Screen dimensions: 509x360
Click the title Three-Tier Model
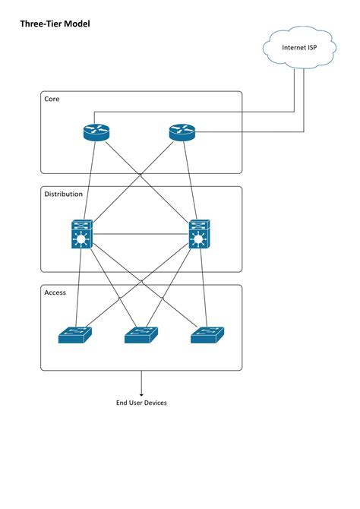[55, 24]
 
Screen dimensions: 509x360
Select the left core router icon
[96, 132]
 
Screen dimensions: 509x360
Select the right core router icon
[182, 132]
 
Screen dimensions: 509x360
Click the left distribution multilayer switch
[81, 235]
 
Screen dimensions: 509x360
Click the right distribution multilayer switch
[199, 235]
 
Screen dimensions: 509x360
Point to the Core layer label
[52, 100]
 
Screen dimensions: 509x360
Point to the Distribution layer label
[63, 194]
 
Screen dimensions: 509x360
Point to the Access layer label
[55, 292]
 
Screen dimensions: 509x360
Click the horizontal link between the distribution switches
[140, 234]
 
